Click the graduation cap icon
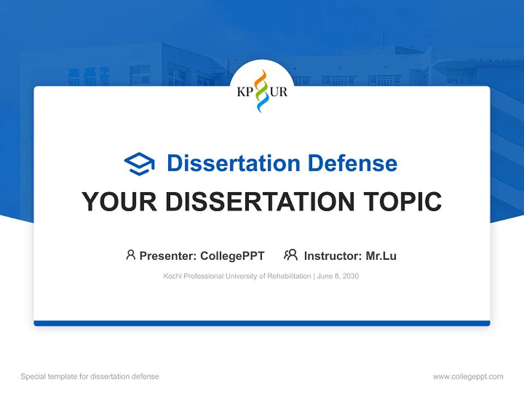tap(139, 164)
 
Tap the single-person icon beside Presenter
tap(130, 255)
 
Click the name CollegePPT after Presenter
tap(233, 256)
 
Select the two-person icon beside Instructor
tap(290, 255)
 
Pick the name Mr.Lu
tap(381, 256)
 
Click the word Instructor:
tap(332, 256)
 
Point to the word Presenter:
tap(168, 256)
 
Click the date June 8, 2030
tap(337, 276)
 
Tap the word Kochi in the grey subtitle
tap(172, 276)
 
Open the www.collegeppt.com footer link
tap(468, 377)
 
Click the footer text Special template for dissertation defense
tap(90, 377)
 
